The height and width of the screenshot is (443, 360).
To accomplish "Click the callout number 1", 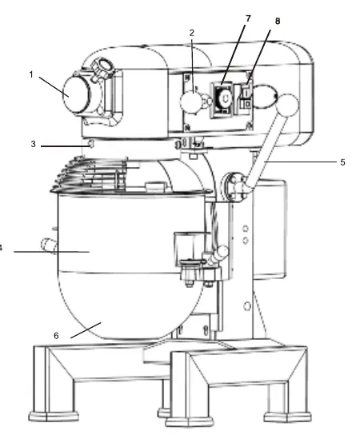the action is click(31, 74).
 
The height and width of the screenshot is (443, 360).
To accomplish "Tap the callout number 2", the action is click(192, 33).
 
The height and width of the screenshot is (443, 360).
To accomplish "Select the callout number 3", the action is click(34, 144).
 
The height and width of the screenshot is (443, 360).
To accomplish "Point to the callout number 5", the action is click(342, 162).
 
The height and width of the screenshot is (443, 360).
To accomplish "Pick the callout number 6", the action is click(56, 336).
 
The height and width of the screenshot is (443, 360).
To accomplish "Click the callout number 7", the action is click(248, 18).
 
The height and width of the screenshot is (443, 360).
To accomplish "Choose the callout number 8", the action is click(278, 21).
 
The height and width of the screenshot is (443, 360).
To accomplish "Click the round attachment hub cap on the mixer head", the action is click(74, 94).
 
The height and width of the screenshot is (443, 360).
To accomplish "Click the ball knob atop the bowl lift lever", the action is click(288, 105).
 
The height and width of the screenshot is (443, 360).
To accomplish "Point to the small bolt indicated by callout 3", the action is click(90, 144).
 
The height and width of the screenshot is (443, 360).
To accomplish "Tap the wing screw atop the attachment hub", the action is click(103, 67).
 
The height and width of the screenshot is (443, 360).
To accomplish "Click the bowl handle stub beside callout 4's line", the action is click(49, 245).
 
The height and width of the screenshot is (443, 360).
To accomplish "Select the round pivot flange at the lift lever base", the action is click(234, 187).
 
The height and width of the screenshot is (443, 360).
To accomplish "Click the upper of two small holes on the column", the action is click(246, 228).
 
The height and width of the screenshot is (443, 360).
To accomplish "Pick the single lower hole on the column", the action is click(247, 306).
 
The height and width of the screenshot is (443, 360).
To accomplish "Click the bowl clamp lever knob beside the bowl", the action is click(222, 252).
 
